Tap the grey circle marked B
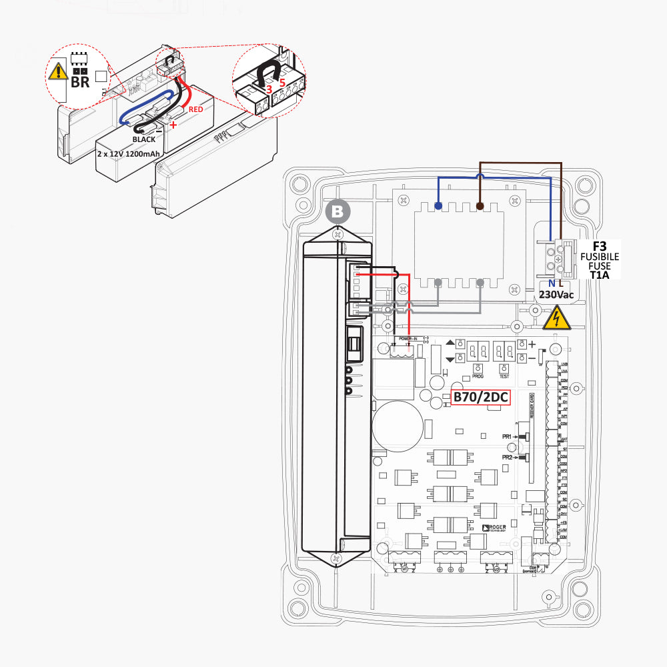pos(338,212)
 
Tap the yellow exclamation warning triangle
pos(59,71)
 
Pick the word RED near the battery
pos(195,109)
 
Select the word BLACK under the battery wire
pos(144,139)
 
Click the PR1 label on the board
pos(507,436)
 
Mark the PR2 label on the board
pos(507,458)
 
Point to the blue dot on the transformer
pos(438,206)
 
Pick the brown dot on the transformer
pos(480,206)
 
